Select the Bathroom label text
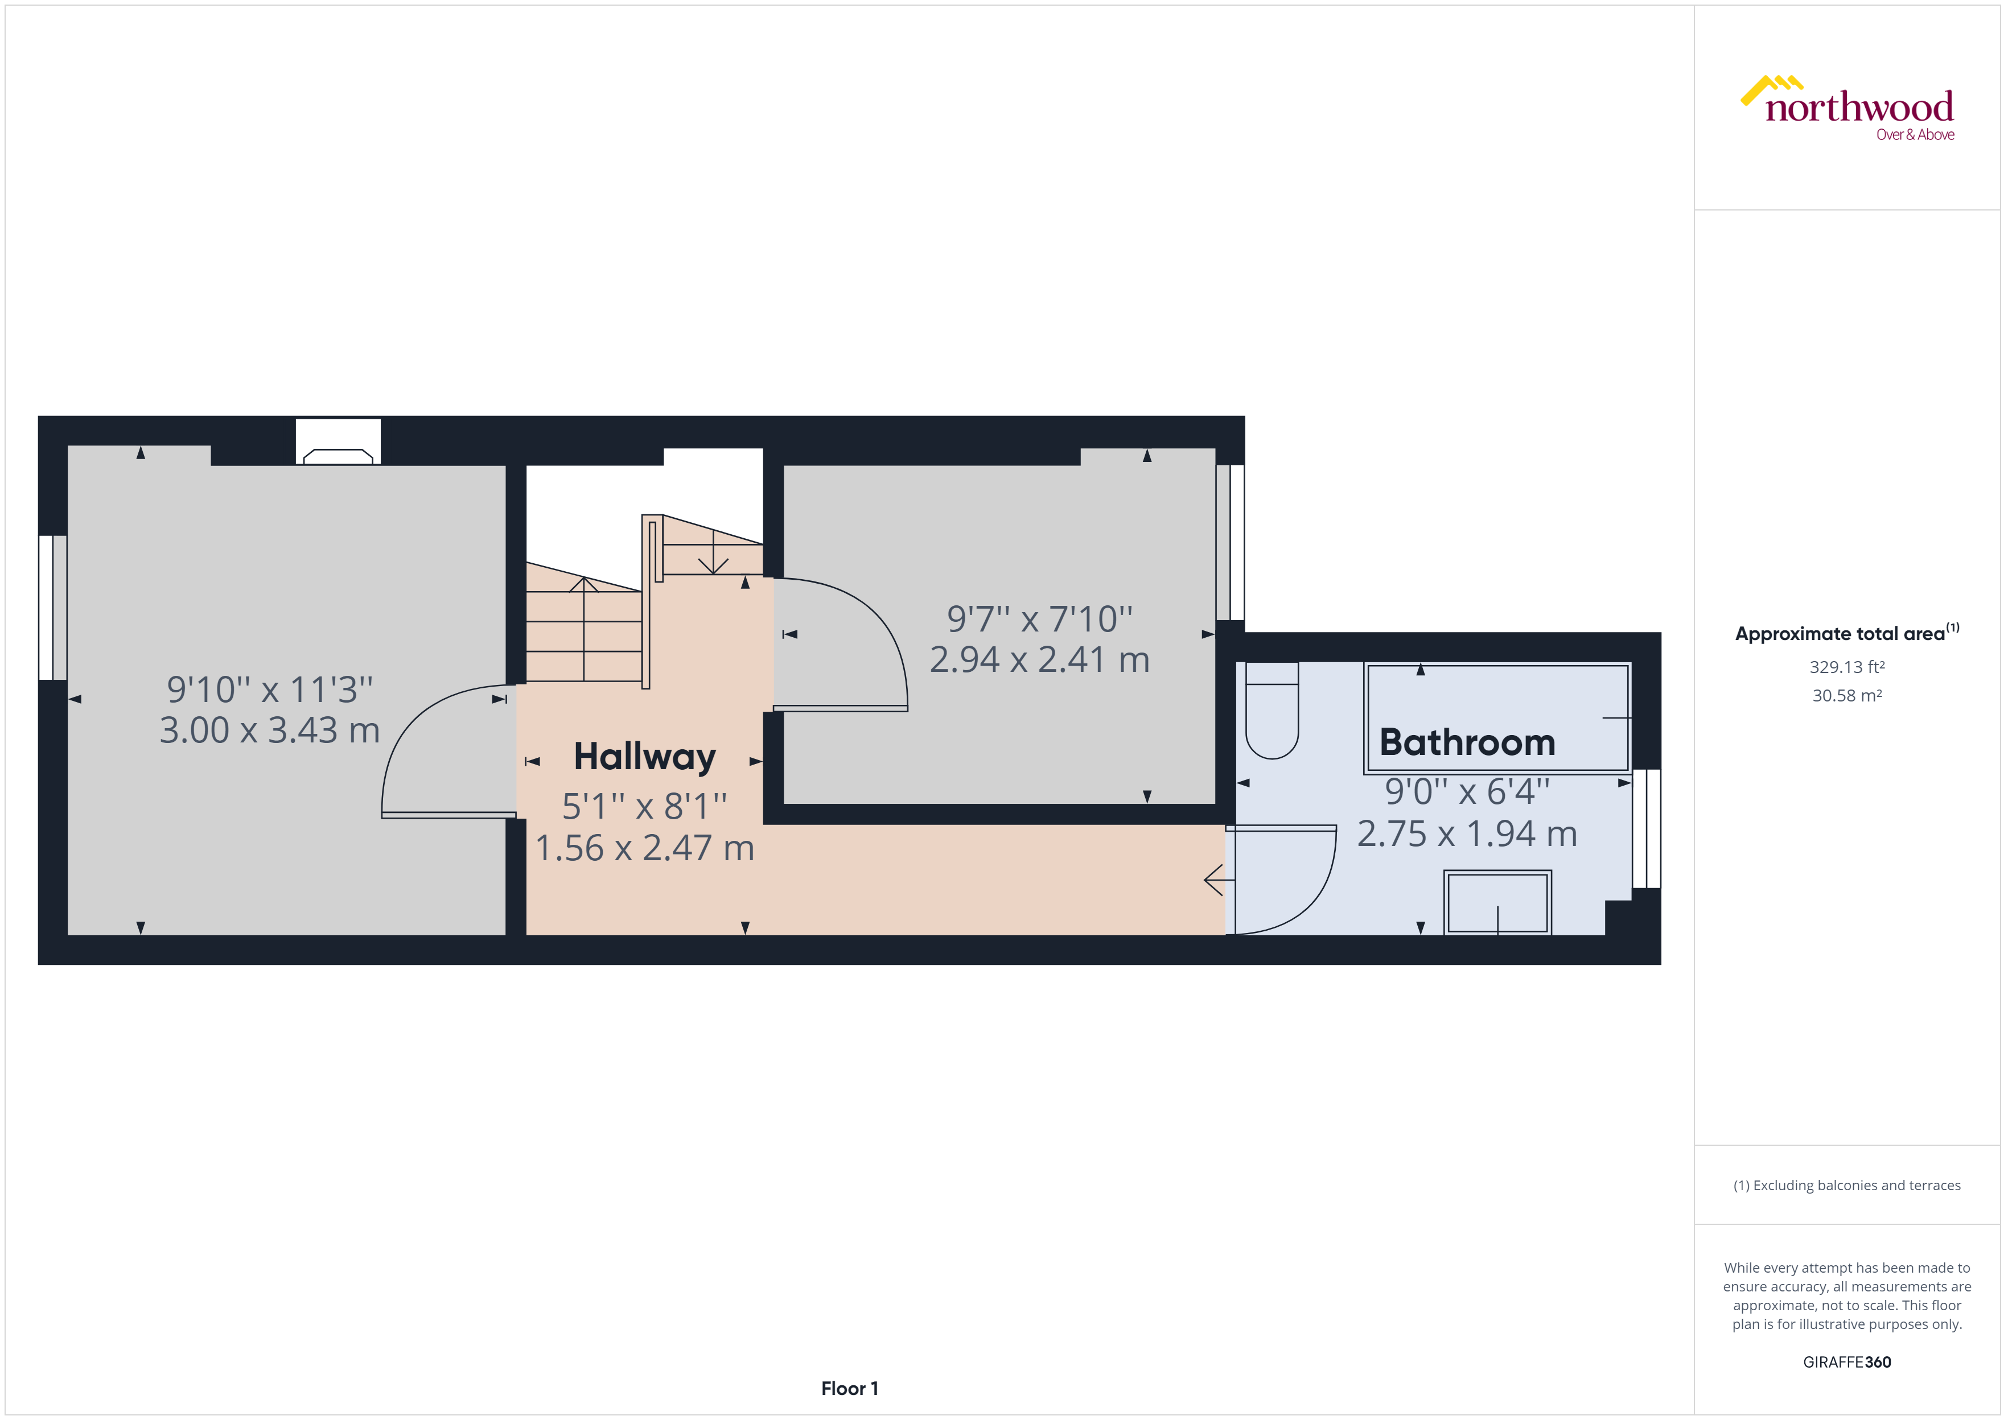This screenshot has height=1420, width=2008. pos(1467,742)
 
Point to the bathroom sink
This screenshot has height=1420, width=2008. pos(1497,902)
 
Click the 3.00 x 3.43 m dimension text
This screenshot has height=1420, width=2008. pos(269,730)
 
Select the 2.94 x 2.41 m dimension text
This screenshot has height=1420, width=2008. pos(1039,659)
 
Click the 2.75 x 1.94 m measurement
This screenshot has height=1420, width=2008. pos(1467,834)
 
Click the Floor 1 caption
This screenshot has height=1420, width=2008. pos(849,1388)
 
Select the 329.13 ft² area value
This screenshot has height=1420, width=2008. pos(1847,667)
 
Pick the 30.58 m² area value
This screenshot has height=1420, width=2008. pos(1847,696)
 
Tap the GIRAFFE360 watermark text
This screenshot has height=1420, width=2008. pos(1847,1361)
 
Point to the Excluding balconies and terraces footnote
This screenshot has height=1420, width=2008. pos(1847,1186)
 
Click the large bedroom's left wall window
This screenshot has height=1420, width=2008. pos(52,607)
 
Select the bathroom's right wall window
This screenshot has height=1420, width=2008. pos(1647,828)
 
